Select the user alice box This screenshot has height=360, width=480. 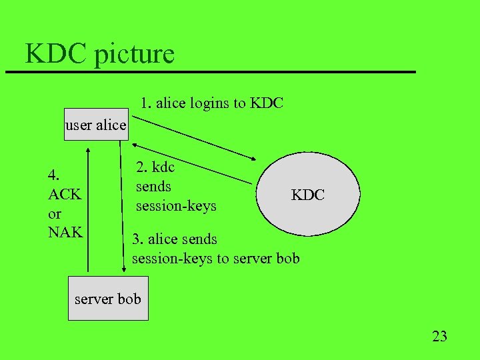coord(96,125)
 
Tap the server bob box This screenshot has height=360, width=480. coord(108,299)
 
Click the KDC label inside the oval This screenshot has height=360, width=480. coord(307,195)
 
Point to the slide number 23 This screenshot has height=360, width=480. coord(439,336)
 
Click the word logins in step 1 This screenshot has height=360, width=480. coord(208,103)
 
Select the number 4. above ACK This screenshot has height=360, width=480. coord(55,175)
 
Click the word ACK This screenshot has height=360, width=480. coord(65,195)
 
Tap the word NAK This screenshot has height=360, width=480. coord(65,232)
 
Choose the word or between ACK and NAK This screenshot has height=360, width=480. coord(55,213)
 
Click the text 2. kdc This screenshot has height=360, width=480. coord(155,167)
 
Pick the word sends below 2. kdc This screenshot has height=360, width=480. coord(153,187)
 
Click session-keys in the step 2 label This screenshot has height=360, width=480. coord(176,205)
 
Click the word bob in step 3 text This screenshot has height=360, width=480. coord(287,258)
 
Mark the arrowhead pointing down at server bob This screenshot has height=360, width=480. coord(124,269)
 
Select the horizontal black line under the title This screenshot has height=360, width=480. coord(210,71)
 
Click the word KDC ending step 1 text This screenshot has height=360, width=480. coord(267,103)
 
